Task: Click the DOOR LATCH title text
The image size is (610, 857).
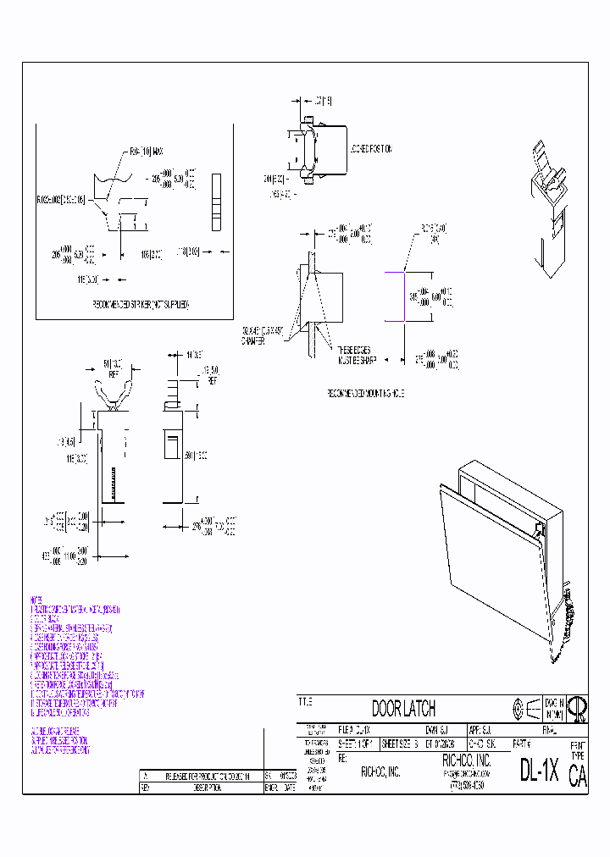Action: (403, 709)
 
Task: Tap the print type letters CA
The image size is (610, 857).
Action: (577, 777)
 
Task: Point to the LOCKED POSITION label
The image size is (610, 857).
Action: (370, 149)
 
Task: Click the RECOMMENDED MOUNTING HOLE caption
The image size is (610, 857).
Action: (366, 394)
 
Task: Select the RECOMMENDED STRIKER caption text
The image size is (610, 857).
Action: (140, 303)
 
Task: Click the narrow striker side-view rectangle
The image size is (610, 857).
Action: (215, 201)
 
